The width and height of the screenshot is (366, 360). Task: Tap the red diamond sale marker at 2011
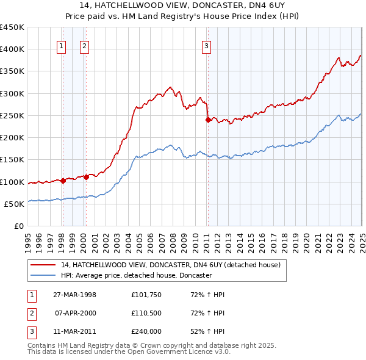pos(208,120)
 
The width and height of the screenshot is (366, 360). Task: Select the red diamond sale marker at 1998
pos(63,181)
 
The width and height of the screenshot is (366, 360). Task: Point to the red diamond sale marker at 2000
pos(86,177)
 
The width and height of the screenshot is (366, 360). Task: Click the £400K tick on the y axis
pos(12,49)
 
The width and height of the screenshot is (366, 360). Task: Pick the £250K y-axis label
pos(12,115)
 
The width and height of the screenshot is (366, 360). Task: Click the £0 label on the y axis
pos(18,226)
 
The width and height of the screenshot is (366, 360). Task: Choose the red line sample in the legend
pos(43,265)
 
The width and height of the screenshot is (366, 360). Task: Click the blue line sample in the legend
pos(43,275)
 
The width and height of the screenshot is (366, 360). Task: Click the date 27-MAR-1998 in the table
pos(74,295)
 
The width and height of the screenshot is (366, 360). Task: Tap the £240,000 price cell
pos(146,331)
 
